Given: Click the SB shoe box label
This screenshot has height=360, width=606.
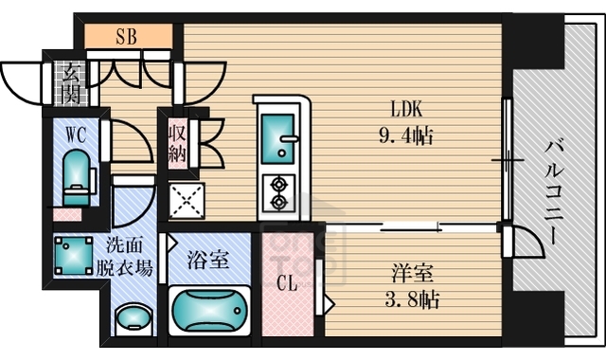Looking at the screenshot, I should click(126, 38).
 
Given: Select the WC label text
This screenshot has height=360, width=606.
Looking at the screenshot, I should click(76, 135).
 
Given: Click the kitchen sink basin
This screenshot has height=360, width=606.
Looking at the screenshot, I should click(277, 137).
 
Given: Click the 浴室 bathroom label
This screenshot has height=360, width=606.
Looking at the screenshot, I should click(207, 259).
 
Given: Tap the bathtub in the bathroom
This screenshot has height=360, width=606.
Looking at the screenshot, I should click(210, 311).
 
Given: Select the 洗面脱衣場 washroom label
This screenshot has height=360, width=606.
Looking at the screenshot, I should click(127, 256).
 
